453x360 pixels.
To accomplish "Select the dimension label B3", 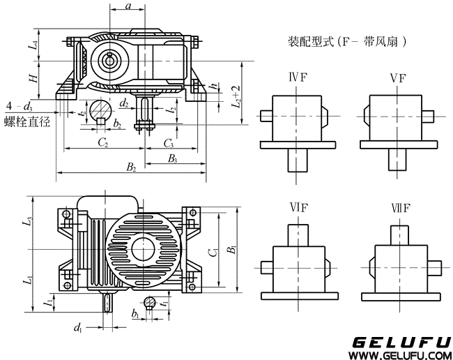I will (172, 159).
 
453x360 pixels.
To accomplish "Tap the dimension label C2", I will (102, 143).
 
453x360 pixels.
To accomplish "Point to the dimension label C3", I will (169, 143).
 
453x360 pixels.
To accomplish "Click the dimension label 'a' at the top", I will (128, 6).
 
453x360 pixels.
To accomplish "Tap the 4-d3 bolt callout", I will (18, 106).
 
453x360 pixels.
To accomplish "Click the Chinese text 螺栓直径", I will (27, 122).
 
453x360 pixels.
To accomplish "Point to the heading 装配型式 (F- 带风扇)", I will (347, 41).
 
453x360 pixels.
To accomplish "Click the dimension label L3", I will (28, 223).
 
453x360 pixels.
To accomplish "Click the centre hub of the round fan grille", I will (145, 248).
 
